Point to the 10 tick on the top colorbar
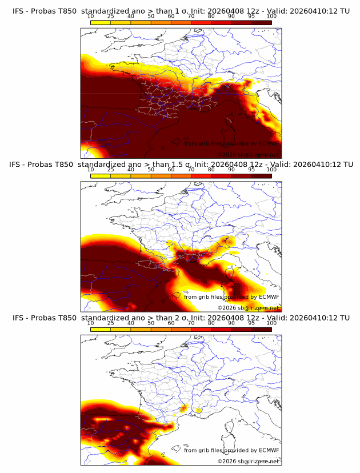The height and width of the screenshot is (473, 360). pyautogui.click(x=90, y=16)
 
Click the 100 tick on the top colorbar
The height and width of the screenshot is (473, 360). pyautogui.click(x=271, y=16)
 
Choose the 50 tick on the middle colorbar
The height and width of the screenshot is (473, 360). pyautogui.click(x=151, y=170)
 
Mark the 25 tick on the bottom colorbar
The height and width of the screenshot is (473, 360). pyautogui.click(x=110, y=323)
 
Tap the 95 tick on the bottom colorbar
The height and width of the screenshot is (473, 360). pyautogui.click(x=251, y=323)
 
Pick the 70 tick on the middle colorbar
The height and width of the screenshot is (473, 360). pyautogui.click(x=191, y=170)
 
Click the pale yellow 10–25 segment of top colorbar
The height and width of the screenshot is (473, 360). pyautogui.click(x=101, y=22)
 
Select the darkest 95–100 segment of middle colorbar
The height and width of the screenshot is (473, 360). pyautogui.click(x=261, y=176)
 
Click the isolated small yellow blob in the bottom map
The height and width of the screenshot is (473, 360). pyautogui.click(x=199, y=410)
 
